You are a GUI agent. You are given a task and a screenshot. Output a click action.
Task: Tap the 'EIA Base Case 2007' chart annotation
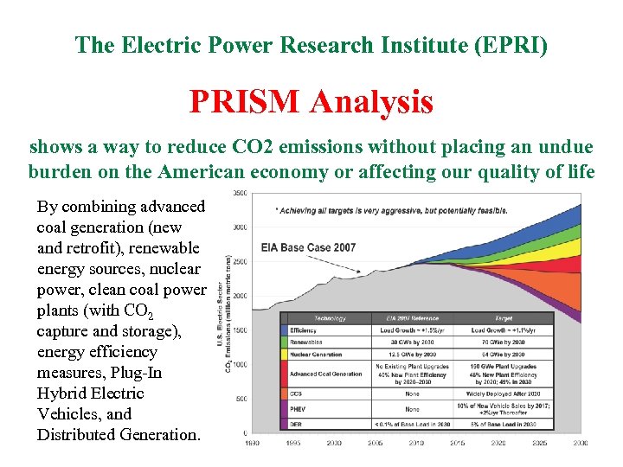tap(308, 247)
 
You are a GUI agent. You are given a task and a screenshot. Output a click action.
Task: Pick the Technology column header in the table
tap(329, 318)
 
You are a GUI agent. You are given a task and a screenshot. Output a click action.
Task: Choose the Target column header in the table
tap(504, 318)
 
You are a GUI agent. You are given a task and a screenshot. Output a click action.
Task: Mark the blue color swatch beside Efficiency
tap(284, 330)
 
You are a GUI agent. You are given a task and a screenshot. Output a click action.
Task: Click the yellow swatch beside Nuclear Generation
tap(284, 354)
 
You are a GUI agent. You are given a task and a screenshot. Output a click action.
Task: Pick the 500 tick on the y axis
tap(241, 399)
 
